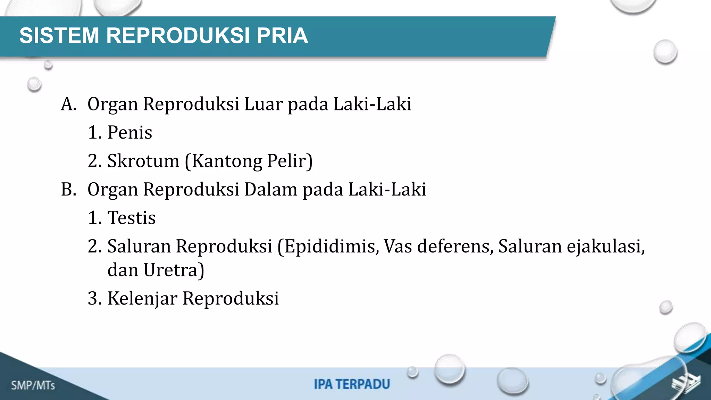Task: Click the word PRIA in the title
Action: [x=282, y=35]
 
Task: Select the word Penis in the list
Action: [x=130, y=132]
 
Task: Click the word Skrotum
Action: [x=143, y=161]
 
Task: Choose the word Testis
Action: [x=132, y=218]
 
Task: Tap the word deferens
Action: [x=455, y=246]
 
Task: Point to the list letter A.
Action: [x=68, y=104]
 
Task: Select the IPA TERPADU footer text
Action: [x=352, y=384]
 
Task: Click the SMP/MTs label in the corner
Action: [x=33, y=385]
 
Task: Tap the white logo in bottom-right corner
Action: [x=686, y=384]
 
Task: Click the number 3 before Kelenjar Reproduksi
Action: [x=92, y=298]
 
